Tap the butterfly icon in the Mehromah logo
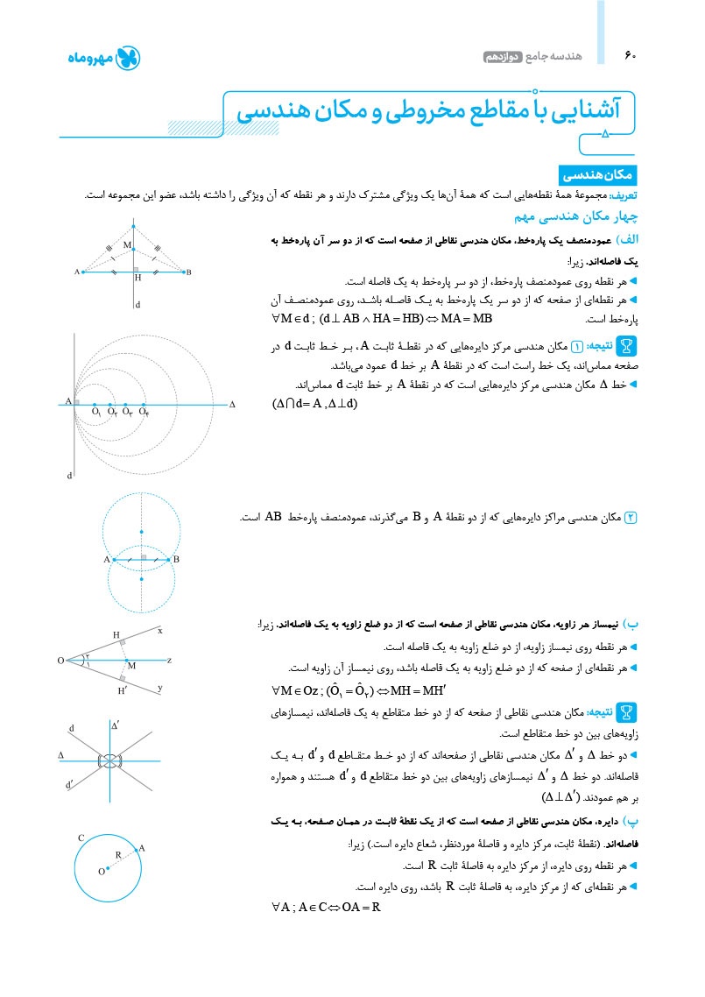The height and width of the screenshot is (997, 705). tap(128, 59)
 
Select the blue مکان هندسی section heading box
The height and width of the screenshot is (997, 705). tap(598, 175)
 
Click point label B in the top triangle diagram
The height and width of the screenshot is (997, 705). tap(188, 272)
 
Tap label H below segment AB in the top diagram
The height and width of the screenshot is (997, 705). tap(137, 279)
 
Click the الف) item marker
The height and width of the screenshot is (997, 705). tap(626, 239)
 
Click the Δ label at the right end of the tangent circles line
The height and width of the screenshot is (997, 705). tap(232, 405)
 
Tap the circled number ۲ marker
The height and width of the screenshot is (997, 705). tap(630, 518)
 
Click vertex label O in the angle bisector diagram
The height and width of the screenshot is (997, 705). tap(60, 660)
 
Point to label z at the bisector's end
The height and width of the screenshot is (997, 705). tap(169, 660)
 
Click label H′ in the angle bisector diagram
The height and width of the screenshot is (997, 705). tap(123, 691)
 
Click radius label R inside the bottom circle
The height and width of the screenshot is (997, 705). tap(118, 854)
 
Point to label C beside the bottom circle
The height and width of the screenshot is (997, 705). tap(81, 838)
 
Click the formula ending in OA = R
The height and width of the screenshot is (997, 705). tap(326, 908)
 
